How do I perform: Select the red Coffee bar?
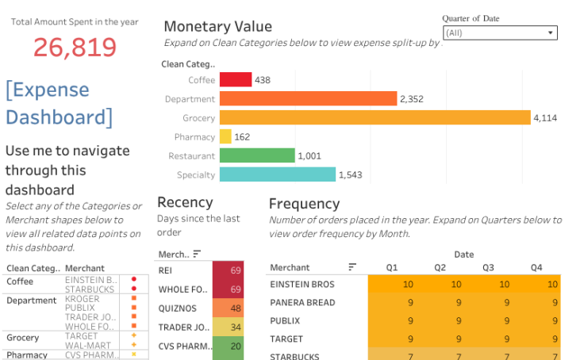point(236,79)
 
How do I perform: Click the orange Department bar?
point(308,98)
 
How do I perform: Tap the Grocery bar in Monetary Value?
point(375,117)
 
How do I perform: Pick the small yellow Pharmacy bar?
point(225,136)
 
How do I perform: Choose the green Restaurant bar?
point(257,155)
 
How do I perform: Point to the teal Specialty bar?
point(278,174)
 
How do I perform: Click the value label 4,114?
point(547,118)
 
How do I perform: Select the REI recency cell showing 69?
point(228,271)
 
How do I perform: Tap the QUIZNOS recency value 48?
point(228,308)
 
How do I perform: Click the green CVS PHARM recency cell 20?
point(228,346)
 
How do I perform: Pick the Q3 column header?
point(489,267)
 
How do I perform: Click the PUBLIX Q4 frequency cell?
point(537,320)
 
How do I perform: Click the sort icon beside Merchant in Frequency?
point(352,267)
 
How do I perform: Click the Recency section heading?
point(185,202)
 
